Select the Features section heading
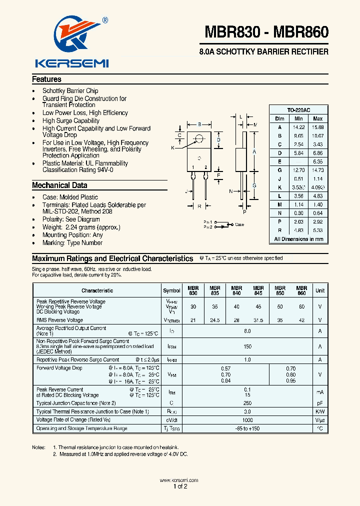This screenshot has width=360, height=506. pos(47,79)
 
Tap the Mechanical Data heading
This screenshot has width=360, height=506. pos(59,185)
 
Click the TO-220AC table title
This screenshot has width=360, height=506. pos(299,109)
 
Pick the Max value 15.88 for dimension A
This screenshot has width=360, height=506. pos(317,127)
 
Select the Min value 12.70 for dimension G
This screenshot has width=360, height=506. pos(298,170)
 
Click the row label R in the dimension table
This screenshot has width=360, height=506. pos(279,230)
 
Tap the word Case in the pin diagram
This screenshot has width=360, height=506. pos(239,224)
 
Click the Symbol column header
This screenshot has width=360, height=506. pos(171,290)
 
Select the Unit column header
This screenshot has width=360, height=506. pos(319,290)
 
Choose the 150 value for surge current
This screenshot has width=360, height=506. pos(247,346)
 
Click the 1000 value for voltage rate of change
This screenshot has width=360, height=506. pos(247,420)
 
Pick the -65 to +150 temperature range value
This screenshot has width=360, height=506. pos(247,428)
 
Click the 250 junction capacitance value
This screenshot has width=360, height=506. pos(247,403)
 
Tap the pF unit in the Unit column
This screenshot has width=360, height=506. pos(319,403)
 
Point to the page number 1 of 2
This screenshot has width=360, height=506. pos(180,486)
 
